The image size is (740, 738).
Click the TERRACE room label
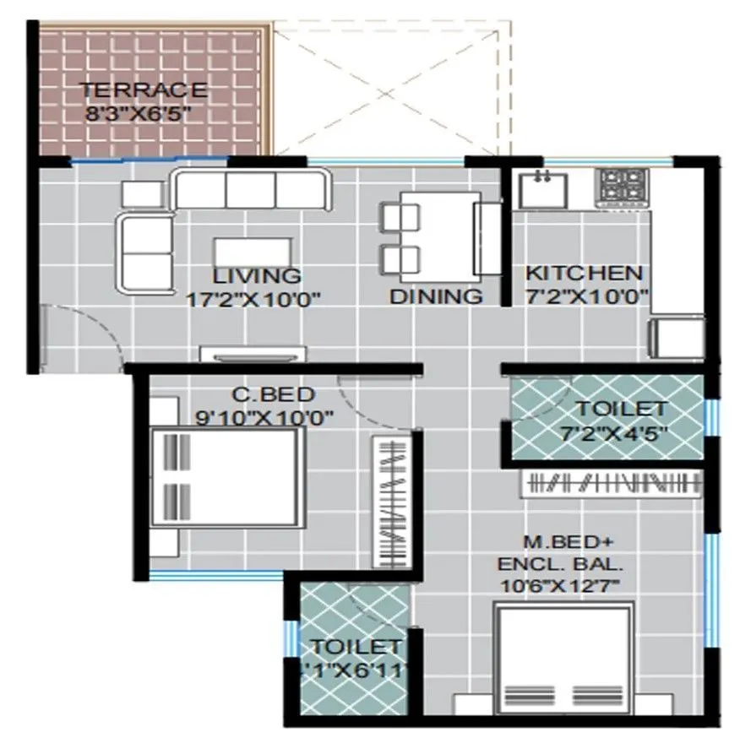click(143, 90)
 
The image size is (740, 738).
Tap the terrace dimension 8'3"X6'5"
click(143, 112)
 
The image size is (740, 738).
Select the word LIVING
click(257, 276)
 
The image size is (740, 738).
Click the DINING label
click(436, 296)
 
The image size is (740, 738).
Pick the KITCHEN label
click(585, 274)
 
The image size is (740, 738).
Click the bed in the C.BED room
click(226, 478)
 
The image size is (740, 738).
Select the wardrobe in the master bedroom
click(614, 483)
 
